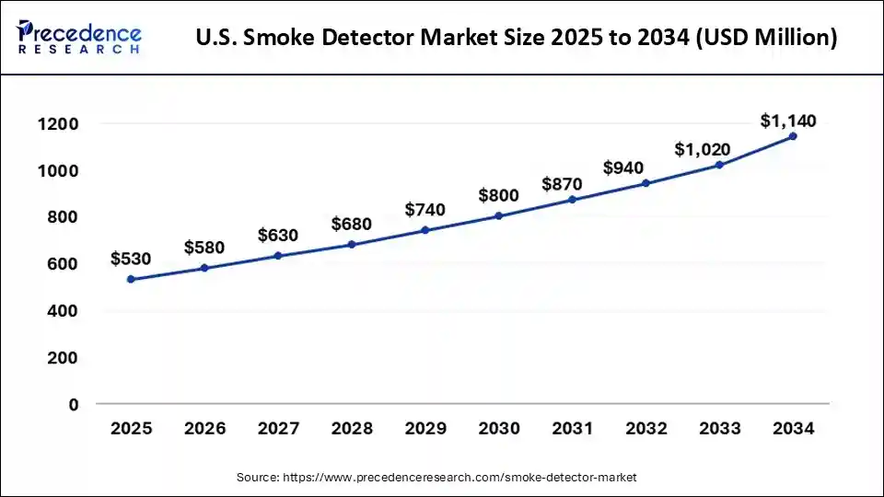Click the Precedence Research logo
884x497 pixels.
coord(79,36)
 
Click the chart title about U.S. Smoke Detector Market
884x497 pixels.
coord(518,38)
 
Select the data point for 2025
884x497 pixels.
coord(131,279)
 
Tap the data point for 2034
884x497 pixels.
coord(793,136)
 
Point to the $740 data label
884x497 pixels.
coord(425,210)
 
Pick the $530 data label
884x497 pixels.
coord(131,260)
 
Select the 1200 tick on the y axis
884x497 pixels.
coord(58,124)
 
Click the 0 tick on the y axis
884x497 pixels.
coord(72,405)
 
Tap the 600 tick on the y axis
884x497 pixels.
coord(62,264)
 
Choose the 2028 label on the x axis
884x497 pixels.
coord(351,429)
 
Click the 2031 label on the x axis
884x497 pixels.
coord(572,429)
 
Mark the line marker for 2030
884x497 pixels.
coord(498,216)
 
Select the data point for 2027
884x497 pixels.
coord(277,256)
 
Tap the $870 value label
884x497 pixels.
coord(572,183)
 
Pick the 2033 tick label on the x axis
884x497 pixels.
coord(719,429)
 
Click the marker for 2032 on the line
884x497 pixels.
coord(646,183)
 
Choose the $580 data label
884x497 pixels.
coord(204,248)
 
